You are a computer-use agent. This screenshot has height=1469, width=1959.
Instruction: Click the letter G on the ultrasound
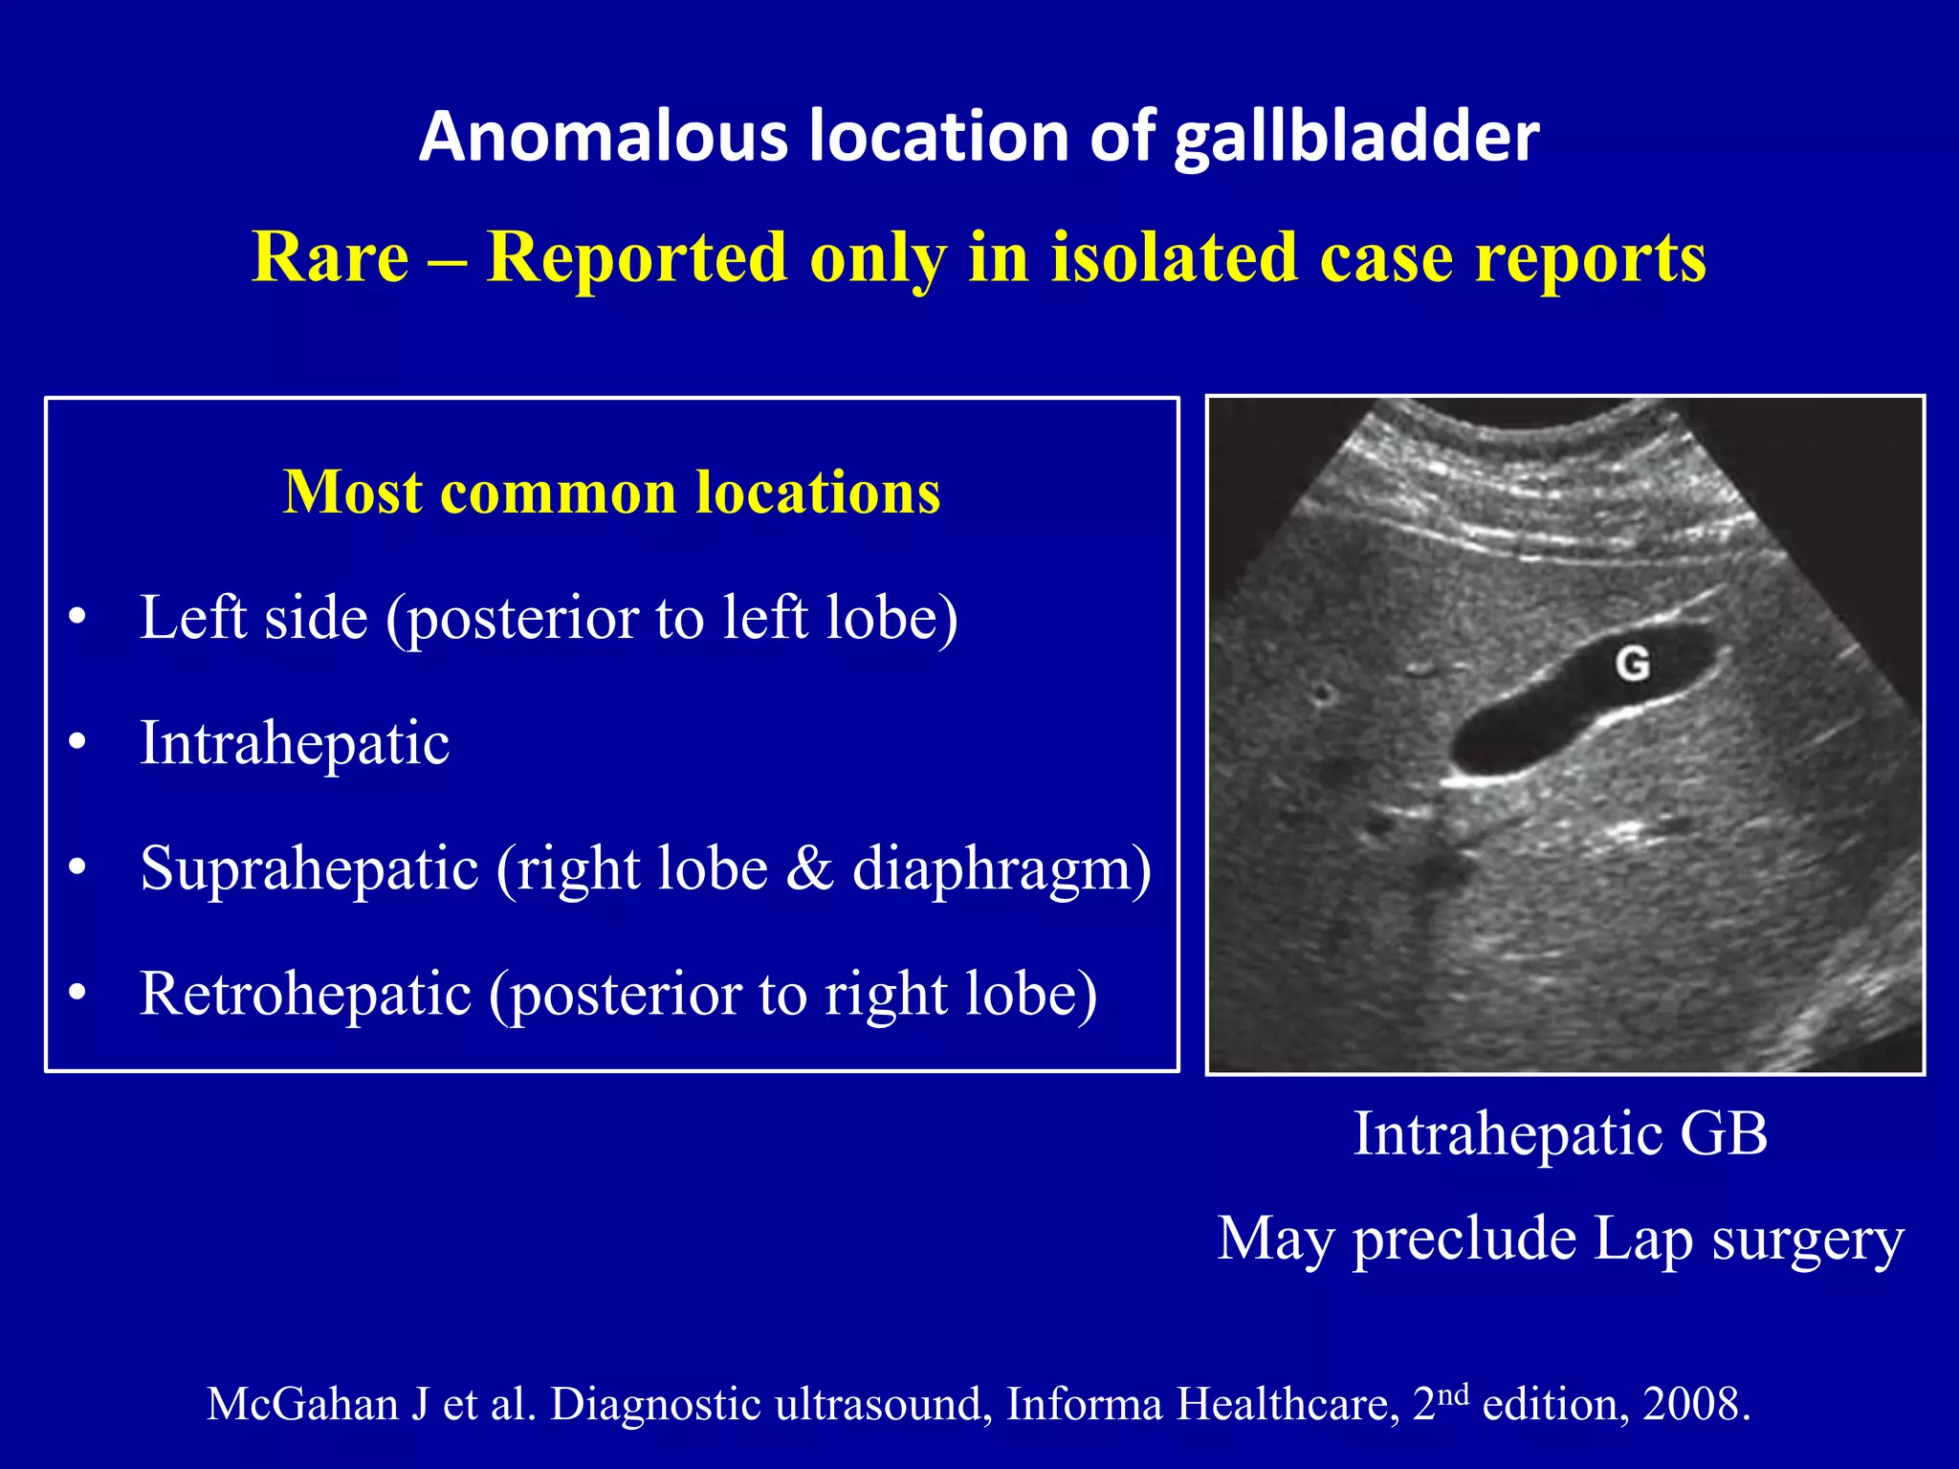(1633, 663)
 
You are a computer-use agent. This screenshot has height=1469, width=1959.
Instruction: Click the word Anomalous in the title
(604, 136)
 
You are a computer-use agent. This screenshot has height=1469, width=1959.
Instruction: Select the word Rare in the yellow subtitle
(330, 257)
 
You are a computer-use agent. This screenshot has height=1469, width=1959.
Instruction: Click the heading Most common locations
(612, 493)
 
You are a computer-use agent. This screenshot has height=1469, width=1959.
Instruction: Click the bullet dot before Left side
(77, 617)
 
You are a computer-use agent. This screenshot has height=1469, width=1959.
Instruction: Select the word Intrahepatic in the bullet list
(295, 743)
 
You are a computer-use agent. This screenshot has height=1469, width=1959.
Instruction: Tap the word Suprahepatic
(309, 869)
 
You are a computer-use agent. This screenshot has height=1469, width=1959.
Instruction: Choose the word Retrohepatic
(305, 995)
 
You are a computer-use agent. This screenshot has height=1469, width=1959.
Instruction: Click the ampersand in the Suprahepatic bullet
(810, 869)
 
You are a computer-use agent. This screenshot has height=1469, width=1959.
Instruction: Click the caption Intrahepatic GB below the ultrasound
(1560, 1134)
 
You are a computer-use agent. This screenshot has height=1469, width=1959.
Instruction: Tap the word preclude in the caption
(1464, 1239)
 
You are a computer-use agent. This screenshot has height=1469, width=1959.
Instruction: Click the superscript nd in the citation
(1454, 1393)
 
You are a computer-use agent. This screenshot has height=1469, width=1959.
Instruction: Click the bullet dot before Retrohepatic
(77, 994)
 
